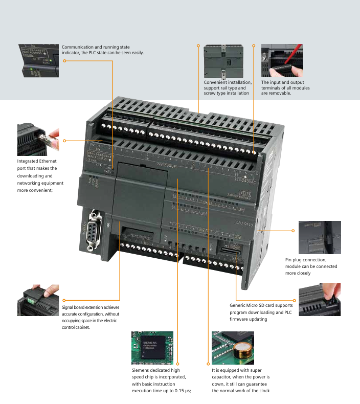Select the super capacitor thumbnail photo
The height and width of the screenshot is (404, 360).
(232, 347)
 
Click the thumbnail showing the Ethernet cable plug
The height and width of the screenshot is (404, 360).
(38, 138)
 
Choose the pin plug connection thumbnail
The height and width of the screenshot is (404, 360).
(320, 237)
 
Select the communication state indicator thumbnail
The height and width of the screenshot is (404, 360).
(38, 60)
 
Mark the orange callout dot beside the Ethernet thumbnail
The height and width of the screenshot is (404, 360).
(64, 140)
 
